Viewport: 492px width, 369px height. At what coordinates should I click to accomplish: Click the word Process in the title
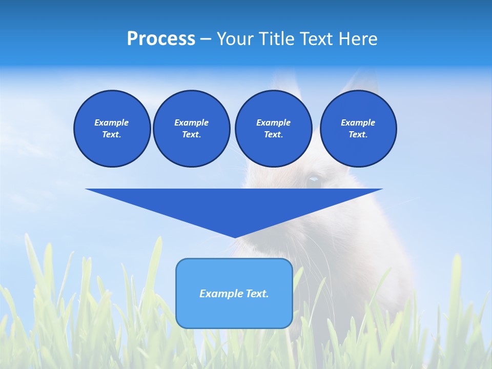[161, 39]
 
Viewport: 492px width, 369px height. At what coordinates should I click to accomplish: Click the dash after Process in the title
[206, 39]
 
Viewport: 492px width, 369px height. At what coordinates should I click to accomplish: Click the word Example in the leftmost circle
[112, 122]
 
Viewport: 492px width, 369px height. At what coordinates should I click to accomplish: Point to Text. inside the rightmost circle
[358, 134]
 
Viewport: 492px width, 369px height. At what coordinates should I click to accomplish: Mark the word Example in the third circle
[274, 122]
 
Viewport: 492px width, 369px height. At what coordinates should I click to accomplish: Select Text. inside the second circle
[192, 134]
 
